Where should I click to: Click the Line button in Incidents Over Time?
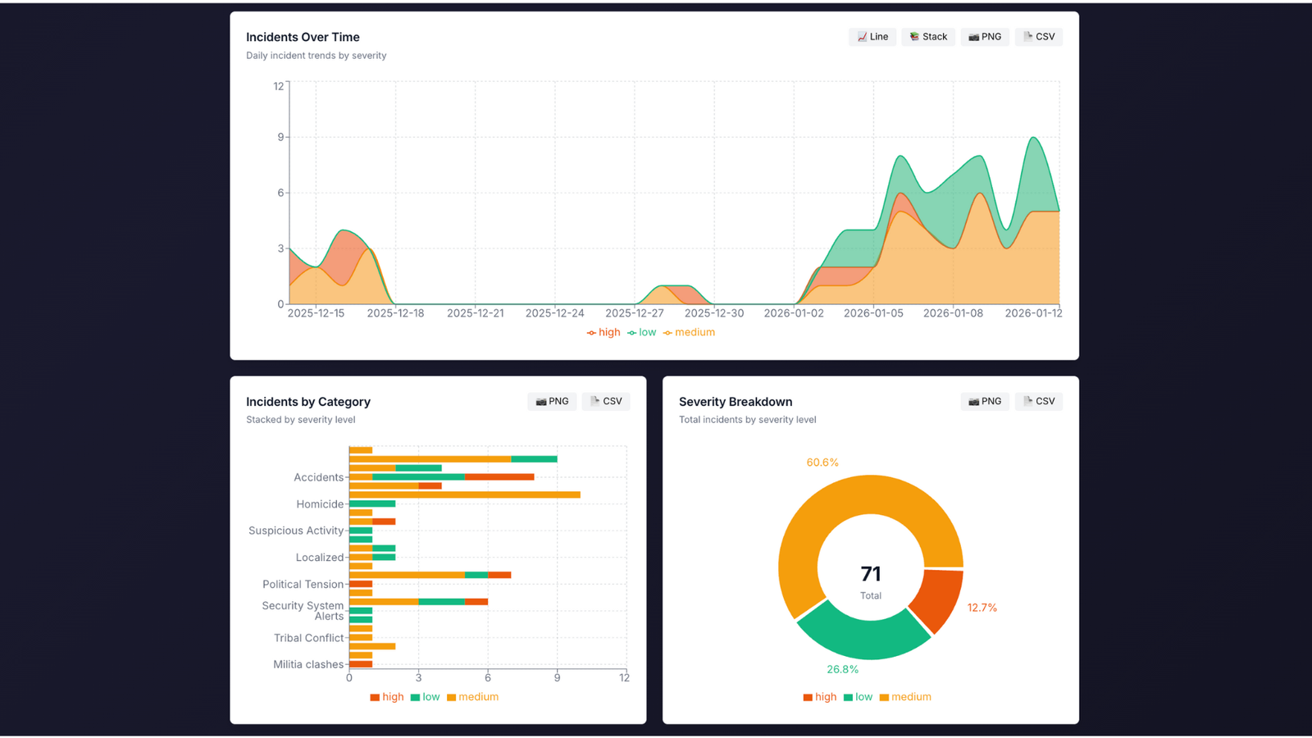point(872,37)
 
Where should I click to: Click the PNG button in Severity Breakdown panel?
point(985,402)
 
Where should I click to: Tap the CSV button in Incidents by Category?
point(606,402)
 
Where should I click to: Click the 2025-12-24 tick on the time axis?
point(554,313)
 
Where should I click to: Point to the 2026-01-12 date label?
point(1033,313)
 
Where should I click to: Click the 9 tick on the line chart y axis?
point(280,137)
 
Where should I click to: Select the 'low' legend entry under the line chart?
point(642,332)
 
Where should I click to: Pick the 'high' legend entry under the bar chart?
point(387,697)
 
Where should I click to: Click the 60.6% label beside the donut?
point(822,462)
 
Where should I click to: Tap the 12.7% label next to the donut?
point(982,608)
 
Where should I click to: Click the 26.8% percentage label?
point(842,669)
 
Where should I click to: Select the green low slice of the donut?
point(861,635)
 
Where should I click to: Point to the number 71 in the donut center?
point(871,574)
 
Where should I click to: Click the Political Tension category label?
point(303,585)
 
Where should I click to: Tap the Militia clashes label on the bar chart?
point(307,664)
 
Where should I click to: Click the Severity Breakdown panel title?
point(736,402)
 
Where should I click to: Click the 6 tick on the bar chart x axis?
point(488,677)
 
